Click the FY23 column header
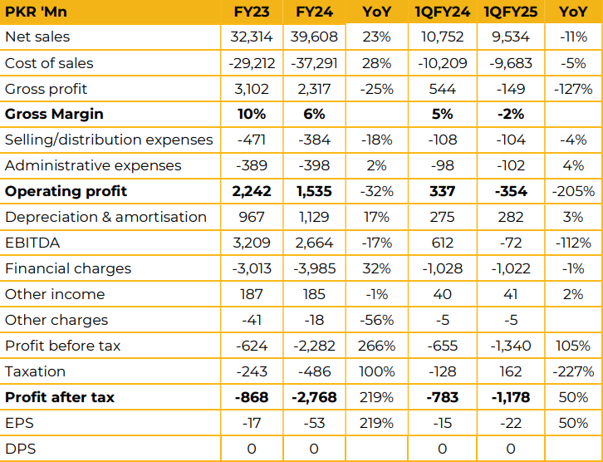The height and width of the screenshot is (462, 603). click(252, 12)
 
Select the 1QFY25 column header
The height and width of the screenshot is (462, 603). click(511, 12)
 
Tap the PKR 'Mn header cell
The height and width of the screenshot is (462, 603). click(37, 12)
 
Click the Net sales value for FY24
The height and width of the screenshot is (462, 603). click(314, 37)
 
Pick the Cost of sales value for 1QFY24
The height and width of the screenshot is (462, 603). click(442, 63)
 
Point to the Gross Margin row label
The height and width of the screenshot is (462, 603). click(54, 114)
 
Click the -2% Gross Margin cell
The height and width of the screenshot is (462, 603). click(511, 114)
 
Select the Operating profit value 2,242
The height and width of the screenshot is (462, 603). click(252, 192)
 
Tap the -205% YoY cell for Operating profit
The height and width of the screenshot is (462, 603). click(573, 192)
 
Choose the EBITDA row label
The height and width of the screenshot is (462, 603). click(32, 243)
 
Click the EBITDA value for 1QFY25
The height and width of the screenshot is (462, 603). click(511, 243)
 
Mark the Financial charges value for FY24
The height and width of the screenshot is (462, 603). click(314, 268)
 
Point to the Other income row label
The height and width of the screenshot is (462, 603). click(55, 294)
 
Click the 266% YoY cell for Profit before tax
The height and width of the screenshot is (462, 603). click(376, 346)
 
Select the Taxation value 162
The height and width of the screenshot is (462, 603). click(511, 371)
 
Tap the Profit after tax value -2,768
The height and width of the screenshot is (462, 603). click(314, 397)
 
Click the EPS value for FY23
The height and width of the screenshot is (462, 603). click(252, 423)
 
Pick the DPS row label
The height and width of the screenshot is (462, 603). click(20, 449)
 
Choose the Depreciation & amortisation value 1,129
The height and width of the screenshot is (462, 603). click(314, 218)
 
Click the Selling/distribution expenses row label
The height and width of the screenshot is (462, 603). click(109, 140)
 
